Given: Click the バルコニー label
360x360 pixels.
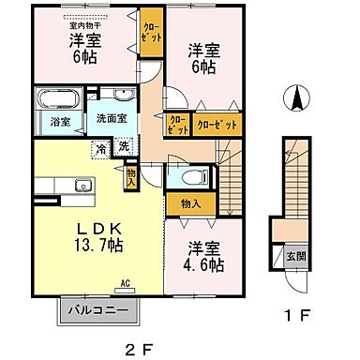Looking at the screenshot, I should click(103, 308).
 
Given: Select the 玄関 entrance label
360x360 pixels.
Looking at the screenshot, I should click(283, 253).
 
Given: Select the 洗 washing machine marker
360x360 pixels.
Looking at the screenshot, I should click(123, 146).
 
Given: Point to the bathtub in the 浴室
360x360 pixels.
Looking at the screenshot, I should click(55, 100).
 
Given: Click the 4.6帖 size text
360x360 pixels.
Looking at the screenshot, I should click(204, 265).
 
